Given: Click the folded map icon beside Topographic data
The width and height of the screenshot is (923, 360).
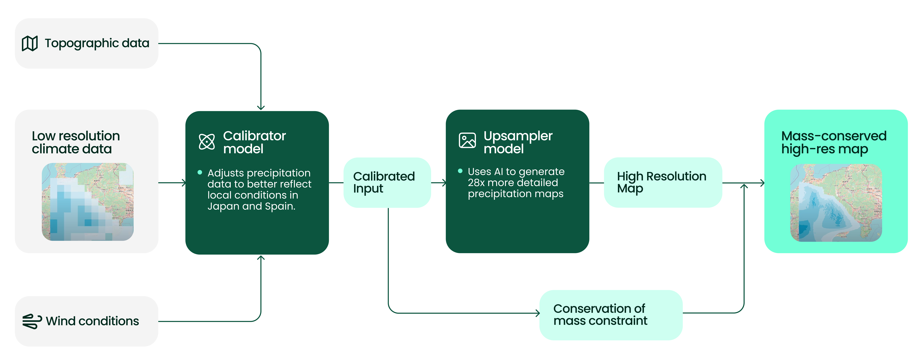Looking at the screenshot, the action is [x=30, y=43].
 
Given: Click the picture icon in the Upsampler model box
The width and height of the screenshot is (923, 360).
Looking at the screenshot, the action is [x=467, y=140].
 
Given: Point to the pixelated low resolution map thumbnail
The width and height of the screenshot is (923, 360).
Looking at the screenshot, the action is [x=88, y=202].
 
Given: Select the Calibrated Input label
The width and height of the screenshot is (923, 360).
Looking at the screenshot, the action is [x=384, y=182].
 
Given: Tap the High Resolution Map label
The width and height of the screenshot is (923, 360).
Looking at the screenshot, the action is [x=661, y=182].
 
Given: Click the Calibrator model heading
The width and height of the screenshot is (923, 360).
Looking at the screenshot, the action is [x=254, y=142].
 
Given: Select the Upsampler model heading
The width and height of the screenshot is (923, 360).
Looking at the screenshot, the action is [x=518, y=142].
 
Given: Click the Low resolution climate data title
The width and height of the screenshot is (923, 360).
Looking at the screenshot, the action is [x=76, y=142].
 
